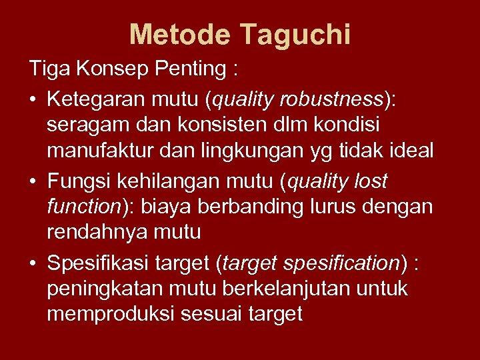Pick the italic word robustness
coord(333,100)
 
